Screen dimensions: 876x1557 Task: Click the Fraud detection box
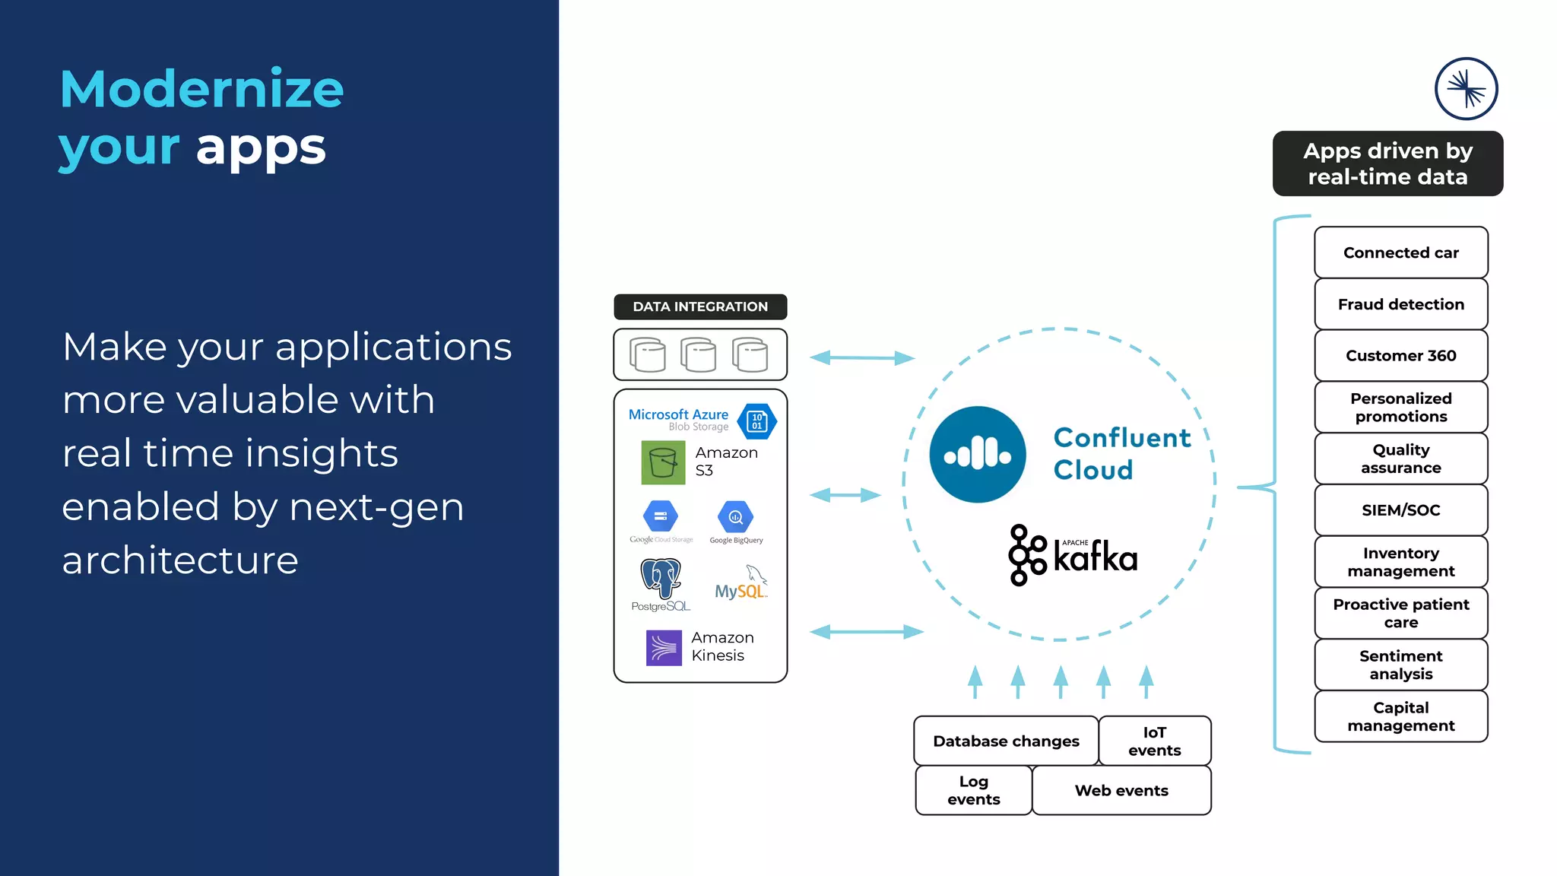pos(1400,304)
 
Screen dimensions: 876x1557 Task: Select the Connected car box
pos(1400,252)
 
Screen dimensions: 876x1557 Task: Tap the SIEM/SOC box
pos(1400,510)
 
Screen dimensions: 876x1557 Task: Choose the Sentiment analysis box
pos(1400,665)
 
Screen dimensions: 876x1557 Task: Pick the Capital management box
pos(1400,716)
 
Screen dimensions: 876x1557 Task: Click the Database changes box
pos(1006,741)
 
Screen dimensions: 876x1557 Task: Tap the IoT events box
pos(1154,741)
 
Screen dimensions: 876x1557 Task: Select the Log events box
pos(973,790)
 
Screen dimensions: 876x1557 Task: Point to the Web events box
pos(1121,790)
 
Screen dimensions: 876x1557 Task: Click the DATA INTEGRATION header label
pos(700,306)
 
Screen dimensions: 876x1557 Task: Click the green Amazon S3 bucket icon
pos(663,462)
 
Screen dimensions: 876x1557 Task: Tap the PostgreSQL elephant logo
pos(661,579)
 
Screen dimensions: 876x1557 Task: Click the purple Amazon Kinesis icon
pos(664,648)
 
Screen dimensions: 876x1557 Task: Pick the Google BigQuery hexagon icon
pos(735,517)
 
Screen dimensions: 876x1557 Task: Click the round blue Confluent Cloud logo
pos(978,455)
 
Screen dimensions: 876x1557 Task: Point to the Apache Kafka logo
pos(1073,555)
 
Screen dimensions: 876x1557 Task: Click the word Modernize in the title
pos(201,90)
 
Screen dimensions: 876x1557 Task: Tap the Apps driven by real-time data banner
pos(1387,163)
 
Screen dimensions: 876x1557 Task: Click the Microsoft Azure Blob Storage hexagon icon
pos(756,421)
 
